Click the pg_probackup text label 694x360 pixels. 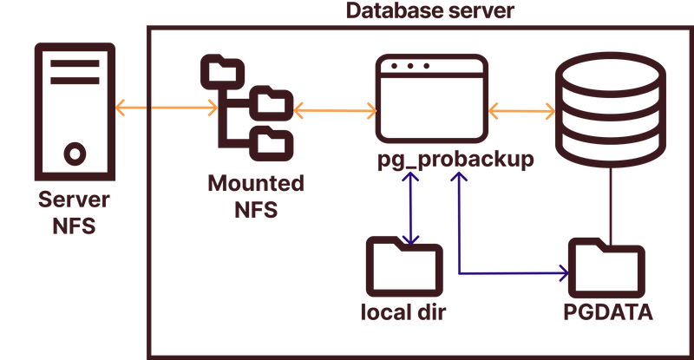click(455, 161)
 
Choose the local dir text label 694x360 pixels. click(403, 311)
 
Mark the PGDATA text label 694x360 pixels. click(607, 311)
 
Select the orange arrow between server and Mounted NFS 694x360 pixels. click(166, 108)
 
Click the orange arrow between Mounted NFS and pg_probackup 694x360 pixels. click(335, 109)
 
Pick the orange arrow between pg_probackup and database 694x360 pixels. click(521, 110)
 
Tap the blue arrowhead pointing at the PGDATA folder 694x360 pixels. click(562, 275)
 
